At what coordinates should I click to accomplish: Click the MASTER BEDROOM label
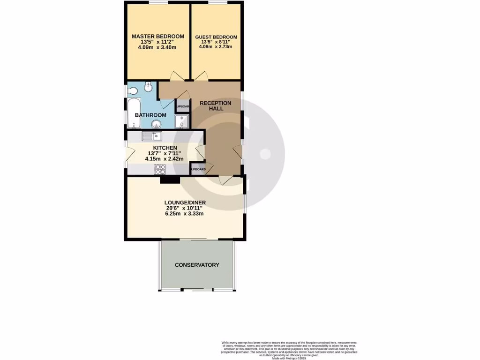(x=157, y=36)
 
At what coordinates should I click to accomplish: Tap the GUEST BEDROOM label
(x=216, y=37)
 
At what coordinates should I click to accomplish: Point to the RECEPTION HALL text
(x=215, y=105)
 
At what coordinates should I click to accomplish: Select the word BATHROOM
(x=150, y=115)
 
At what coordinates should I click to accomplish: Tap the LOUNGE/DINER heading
(x=185, y=202)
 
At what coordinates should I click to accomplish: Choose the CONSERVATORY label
(x=197, y=265)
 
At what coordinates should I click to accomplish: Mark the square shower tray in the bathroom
(x=181, y=121)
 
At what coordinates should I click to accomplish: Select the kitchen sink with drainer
(x=152, y=136)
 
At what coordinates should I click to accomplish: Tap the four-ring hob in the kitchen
(x=160, y=169)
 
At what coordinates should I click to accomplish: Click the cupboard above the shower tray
(x=182, y=106)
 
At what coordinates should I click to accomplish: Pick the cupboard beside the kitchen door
(x=197, y=169)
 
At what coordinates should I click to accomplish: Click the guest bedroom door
(x=200, y=76)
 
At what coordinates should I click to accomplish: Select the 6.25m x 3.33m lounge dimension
(x=184, y=214)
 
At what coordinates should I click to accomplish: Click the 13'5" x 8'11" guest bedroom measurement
(x=216, y=42)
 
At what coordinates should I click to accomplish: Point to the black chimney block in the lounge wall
(x=170, y=179)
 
